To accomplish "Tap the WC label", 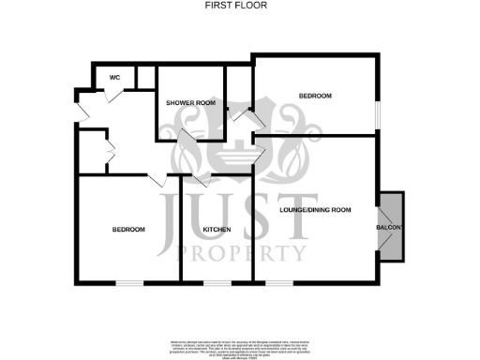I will [x=114, y=77].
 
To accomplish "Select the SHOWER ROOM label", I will [x=190, y=102].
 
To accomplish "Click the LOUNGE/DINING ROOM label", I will [x=315, y=210].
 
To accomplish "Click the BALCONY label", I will [x=390, y=228].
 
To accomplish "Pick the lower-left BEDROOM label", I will [x=128, y=229].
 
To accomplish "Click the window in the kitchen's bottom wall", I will [x=217, y=281].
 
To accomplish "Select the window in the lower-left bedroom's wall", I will [x=129, y=281].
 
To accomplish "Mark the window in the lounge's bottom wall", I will [x=277, y=281].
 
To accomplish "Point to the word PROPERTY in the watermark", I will [x=239, y=252].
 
